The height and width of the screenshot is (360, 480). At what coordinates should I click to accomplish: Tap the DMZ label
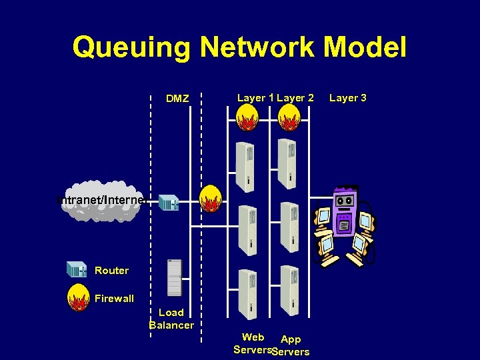177,99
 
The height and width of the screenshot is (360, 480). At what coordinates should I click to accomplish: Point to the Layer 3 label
348,98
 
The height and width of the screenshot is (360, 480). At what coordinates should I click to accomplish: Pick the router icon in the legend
77,270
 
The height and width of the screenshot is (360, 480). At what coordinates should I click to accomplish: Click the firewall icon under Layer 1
246,119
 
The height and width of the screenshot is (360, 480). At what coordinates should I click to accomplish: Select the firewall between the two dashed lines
211,198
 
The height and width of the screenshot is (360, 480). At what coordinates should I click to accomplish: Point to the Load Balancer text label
171,319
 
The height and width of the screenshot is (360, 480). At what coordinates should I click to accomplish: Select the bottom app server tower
288,289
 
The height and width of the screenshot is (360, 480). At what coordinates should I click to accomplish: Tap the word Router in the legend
111,271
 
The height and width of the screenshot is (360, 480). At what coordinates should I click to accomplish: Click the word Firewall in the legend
114,299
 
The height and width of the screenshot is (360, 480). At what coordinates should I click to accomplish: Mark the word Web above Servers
253,337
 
